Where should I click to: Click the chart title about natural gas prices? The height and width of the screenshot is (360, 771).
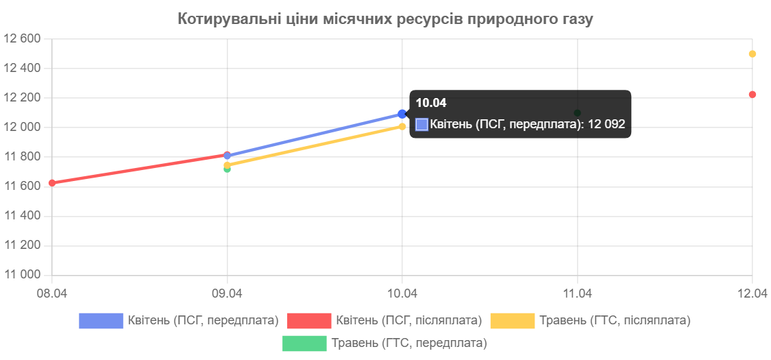[385, 19]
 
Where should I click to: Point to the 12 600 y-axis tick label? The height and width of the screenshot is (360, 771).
[23, 38]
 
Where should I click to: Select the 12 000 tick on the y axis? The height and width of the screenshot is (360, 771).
[23, 127]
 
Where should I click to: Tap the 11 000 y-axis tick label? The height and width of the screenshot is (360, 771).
[23, 274]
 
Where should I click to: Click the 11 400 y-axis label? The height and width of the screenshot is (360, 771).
[23, 215]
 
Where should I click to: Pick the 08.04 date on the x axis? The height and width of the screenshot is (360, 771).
[52, 293]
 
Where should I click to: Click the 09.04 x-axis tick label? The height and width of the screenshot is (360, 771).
[227, 293]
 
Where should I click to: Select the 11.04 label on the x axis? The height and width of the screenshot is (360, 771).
[577, 293]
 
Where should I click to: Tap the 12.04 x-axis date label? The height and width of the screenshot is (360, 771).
[752, 293]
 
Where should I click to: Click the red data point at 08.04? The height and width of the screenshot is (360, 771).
[52, 182]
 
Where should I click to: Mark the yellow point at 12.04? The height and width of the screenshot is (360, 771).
[752, 53]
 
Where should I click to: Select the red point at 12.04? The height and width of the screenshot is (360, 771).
[752, 94]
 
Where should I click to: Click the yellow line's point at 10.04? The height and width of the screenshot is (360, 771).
[402, 126]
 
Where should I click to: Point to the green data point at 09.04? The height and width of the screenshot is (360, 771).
[227, 169]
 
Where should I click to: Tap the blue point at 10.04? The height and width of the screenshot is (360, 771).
[402, 114]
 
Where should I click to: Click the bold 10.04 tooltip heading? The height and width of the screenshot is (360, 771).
[431, 104]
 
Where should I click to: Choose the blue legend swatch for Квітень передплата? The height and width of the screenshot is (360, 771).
[101, 321]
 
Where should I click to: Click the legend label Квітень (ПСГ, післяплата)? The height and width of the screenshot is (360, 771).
[409, 321]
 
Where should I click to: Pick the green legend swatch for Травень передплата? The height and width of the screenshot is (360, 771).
[304, 344]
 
